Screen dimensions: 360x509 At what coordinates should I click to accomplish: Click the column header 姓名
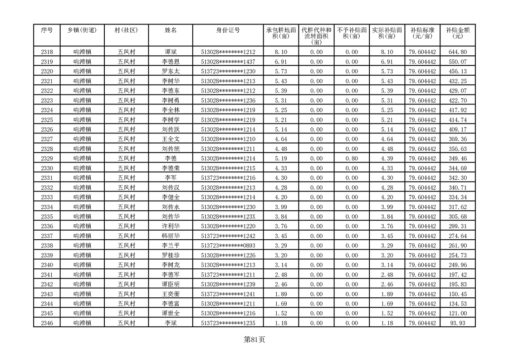(171, 30)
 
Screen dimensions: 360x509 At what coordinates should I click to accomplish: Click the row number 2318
(47, 52)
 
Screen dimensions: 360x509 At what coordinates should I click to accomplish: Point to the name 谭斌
(171, 52)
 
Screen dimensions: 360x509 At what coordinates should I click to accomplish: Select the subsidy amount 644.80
(457, 52)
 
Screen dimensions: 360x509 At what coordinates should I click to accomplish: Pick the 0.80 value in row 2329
(352, 158)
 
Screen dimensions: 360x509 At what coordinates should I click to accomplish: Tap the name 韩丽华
(171, 236)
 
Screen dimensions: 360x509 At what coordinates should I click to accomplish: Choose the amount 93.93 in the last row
(457, 323)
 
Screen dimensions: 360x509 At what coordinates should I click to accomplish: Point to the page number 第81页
(254, 339)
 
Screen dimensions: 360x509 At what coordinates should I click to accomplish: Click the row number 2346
(47, 323)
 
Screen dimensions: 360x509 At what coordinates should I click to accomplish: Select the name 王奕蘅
(171, 294)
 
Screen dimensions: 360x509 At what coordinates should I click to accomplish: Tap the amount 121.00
(457, 313)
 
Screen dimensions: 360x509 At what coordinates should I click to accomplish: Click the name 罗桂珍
(171, 255)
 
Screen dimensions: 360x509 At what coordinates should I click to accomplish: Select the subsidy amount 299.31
(457, 226)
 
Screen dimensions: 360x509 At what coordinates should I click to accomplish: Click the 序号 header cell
(47, 30)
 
